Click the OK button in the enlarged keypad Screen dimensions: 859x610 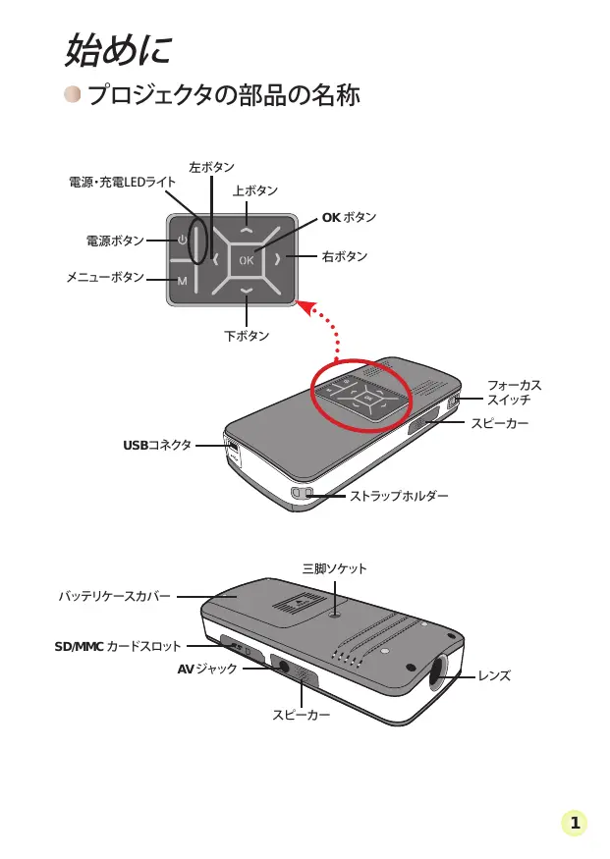click(x=246, y=260)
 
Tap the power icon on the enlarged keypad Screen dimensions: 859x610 click(x=183, y=240)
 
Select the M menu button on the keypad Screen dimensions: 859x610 click(x=183, y=282)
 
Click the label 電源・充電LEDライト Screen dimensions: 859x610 click(x=123, y=183)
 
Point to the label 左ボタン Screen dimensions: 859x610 click(x=211, y=168)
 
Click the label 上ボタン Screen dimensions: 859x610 click(x=255, y=190)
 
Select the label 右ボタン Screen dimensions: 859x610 click(x=345, y=257)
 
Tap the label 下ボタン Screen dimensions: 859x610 click(x=247, y=336)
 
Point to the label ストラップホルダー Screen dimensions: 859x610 click(x=400, y=496)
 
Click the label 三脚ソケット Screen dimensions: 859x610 click(x=335, y=568)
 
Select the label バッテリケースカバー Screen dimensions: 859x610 click(x=114, y=596)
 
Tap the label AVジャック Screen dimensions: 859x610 click(x=208, y=669)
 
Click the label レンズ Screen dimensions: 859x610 click(x=494, y=676)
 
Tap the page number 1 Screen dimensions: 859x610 click(x=575, y=824)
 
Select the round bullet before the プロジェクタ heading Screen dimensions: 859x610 click(x=73, y=95)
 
